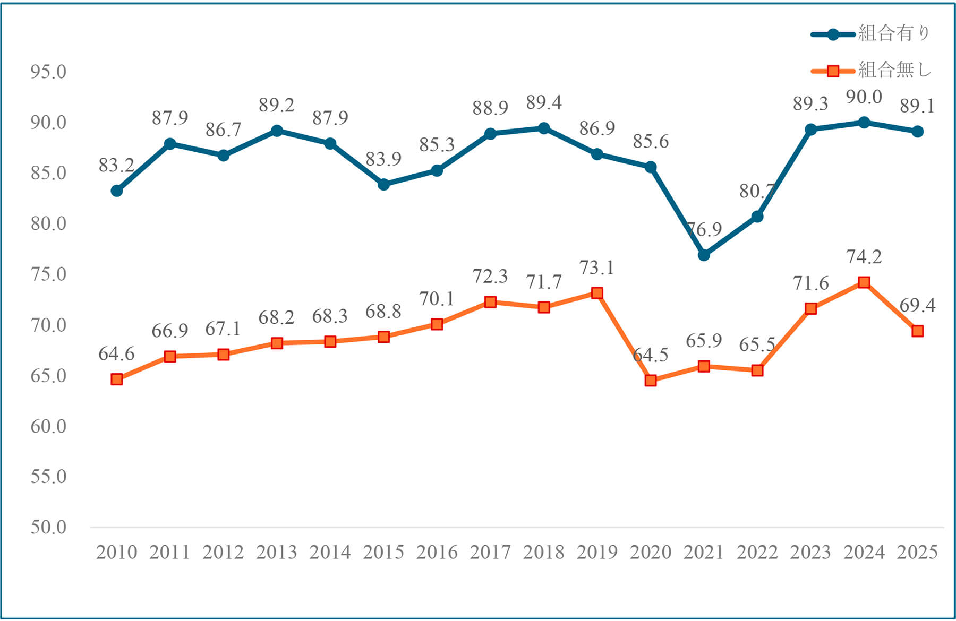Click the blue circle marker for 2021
(704, 255)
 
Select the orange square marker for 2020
(651, 381)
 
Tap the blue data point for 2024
(864, 123)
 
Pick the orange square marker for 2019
(597, 293)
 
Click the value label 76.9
(704, 230)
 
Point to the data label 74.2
(864, 257)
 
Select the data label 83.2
(116, 166)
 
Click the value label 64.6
(116, 354)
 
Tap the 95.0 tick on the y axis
(48, 72)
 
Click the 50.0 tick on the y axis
(48, 527)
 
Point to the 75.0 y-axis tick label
(48, 274)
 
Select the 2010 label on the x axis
(116, 553)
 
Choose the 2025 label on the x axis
(917, 553)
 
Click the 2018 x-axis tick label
(543, 553)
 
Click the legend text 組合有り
(894, 34)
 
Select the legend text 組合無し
(894, 70)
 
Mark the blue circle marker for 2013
(277, 131)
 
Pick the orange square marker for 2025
(917, 331)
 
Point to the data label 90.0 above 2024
(864, 98)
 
